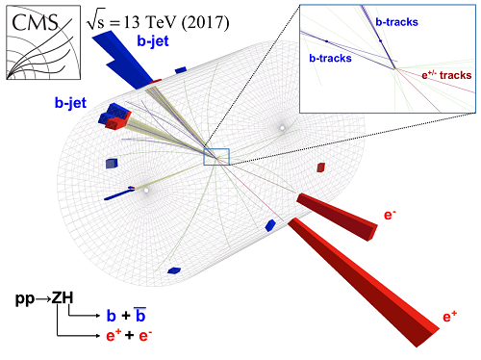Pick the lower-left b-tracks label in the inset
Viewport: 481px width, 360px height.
330,58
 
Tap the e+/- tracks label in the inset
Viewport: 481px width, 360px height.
444,75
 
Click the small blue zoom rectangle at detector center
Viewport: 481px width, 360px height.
215,157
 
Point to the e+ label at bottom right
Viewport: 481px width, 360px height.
448,315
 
